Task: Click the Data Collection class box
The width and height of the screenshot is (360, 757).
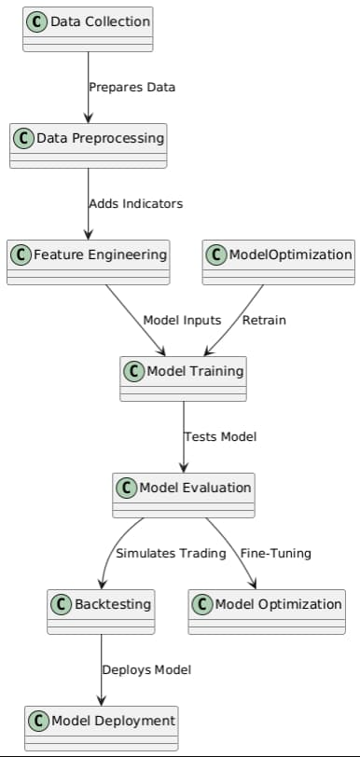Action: coord(88,29)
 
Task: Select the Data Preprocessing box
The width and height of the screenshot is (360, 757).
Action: coord(89,145)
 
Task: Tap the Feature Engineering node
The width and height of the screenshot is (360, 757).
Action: coord(89,261)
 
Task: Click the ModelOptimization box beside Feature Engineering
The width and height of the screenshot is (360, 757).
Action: coord(279,261)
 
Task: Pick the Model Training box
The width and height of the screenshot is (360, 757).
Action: coord(184,378)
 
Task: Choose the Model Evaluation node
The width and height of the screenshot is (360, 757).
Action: coord(184,494)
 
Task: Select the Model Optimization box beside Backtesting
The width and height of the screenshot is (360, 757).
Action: coord(267,611)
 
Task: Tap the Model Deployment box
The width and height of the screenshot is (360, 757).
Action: coord(101,727)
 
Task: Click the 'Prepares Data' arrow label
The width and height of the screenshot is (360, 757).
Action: coord(132,88)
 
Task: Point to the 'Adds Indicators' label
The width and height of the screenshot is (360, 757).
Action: coord(135,203)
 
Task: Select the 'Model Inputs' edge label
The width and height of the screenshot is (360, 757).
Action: coord(182,320)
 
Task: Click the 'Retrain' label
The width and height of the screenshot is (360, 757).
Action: coord(264,320)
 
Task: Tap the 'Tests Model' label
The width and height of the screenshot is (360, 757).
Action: coord(220,436)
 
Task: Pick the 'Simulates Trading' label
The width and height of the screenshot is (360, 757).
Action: coord(171,553)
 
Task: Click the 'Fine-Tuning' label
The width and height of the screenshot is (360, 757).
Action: coord(275,553)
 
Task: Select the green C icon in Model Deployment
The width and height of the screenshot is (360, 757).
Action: coord(39,721)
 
